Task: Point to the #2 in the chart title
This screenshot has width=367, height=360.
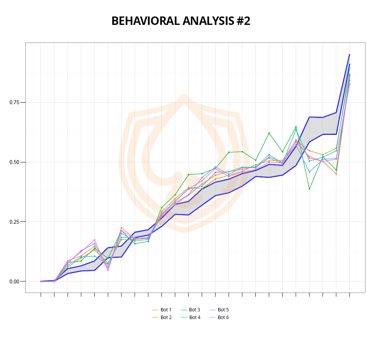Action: tap(243, 21)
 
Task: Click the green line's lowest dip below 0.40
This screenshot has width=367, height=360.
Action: tap(309, 189)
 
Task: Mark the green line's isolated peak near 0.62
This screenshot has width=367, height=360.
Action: tap(269, 133)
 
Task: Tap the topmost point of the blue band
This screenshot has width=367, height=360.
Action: tap(349, 55)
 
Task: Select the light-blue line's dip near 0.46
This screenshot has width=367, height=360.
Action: tap(309, 172)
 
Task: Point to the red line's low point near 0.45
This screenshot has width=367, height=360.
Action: tap(336, 174)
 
